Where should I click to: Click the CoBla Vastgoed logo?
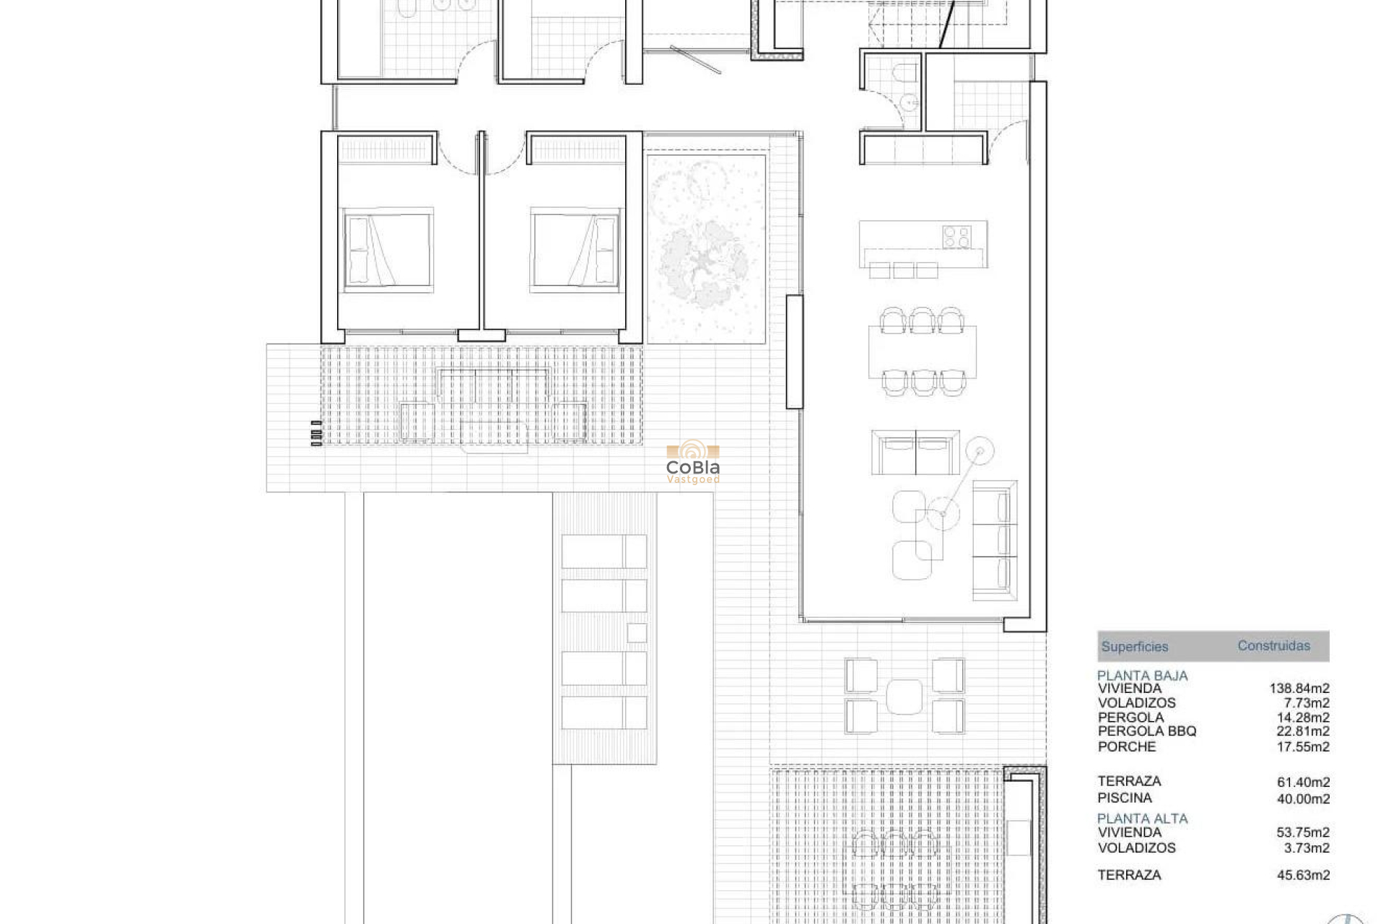tap(692, 462)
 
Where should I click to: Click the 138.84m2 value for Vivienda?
tap(1299, 689)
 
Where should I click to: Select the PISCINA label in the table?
tap(1124, 798)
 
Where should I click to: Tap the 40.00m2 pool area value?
tap(1302, 798)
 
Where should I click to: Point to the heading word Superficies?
tap(1134, 647)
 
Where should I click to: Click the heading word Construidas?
tap(1273, 646)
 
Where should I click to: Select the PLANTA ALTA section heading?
tap(1142, 819)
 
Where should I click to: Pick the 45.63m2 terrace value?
tap(1302, 875)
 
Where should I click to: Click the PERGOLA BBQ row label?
tap(1146, 731)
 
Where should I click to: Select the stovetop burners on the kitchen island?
tap(956, 237)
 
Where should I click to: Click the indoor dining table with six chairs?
tap(922, 352)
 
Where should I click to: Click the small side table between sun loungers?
tap(637, 633)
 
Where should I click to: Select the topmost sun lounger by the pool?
tap(603, 552)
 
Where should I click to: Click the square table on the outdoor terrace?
tap(905, 697)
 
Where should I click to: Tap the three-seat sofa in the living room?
tap(995, 541)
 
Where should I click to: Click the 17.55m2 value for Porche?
tap(1302, 747)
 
